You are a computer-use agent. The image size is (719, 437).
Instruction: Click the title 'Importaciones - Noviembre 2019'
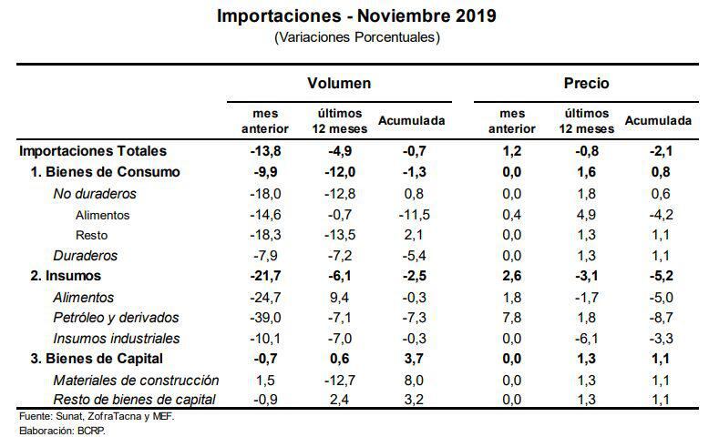(357, 16)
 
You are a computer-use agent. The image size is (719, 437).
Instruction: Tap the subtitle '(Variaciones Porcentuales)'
(357, 37)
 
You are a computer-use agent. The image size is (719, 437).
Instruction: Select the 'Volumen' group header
(338, 83)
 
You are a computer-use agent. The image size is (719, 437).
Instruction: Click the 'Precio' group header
(586, 83)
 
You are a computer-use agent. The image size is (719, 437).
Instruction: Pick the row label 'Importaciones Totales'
(92, 151)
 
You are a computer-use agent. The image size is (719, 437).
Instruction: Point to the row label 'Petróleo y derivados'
(116, 318)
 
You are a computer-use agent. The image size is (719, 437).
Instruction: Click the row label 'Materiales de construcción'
(136, 380)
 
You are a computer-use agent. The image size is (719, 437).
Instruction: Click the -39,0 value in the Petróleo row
(264, 318)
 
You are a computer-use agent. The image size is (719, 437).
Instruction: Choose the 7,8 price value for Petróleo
(512, 318)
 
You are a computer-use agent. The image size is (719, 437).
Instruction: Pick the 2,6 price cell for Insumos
(512, 276)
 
